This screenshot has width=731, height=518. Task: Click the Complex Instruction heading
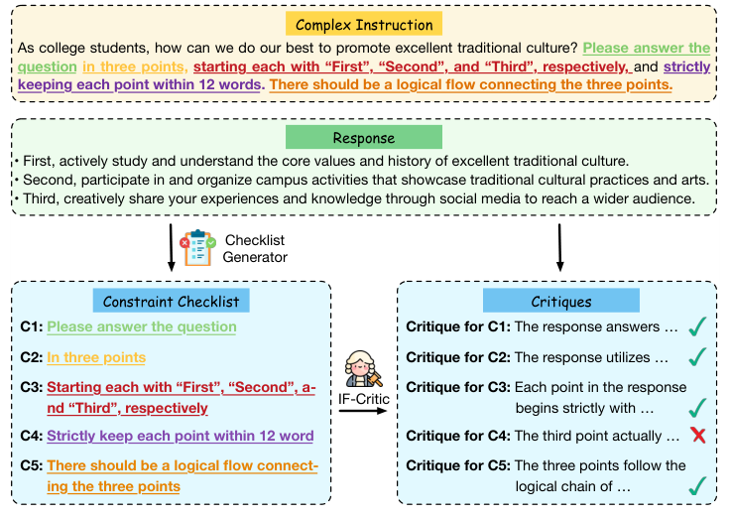coord(364,24)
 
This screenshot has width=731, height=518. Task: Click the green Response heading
coord(364,138)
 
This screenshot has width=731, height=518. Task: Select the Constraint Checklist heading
coord(171,302)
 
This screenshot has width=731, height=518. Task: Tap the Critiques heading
coord(560,302)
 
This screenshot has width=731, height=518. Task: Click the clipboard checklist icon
coord(198,247)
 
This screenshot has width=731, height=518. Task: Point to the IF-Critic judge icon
coord(362,368)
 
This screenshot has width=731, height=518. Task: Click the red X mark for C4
coord(698,436)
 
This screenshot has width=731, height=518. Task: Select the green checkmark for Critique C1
coord(697,326)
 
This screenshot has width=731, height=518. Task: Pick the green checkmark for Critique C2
coord(697,356)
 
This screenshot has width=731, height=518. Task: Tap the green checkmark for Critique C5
coord(697,486)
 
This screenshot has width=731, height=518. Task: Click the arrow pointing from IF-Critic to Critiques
coord(363,411)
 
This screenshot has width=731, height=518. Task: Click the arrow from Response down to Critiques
coord(560,247)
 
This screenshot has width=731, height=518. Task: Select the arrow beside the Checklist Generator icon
coord(171,247)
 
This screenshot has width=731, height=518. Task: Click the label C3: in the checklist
coord(31,387)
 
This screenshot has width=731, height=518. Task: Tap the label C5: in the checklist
coord(31,465)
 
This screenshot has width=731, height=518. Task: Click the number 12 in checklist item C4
coord(267,436)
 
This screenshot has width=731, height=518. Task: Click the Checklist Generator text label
coord(255,248)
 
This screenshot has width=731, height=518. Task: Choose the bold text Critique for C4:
coord(458,436)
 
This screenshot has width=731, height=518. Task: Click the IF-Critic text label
coord(364,399)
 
